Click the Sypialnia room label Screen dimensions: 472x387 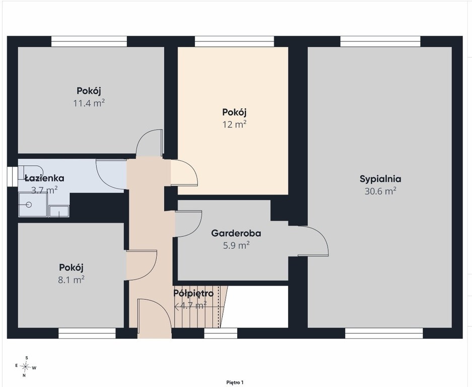(380, 179)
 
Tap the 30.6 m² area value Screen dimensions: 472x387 (380, 191)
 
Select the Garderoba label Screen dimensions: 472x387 (236, 233)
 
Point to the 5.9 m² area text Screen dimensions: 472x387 (236, 245)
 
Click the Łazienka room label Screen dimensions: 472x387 (44, 178)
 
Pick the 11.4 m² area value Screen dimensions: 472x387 (89, 103)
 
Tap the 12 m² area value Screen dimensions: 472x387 (235, 124)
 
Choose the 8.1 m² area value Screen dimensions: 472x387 (71, 280)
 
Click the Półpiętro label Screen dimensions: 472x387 (193, 293)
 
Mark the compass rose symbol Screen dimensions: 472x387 (26, 366)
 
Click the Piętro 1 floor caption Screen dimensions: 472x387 (235, 382)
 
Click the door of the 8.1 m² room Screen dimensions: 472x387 (142, 265)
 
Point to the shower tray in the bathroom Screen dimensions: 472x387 (33, 205)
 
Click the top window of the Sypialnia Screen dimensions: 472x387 (380, 41)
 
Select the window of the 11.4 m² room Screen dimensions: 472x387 (89, 41)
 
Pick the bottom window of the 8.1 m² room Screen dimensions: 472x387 (87, 333)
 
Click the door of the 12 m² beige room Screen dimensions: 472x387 (184, 172)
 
